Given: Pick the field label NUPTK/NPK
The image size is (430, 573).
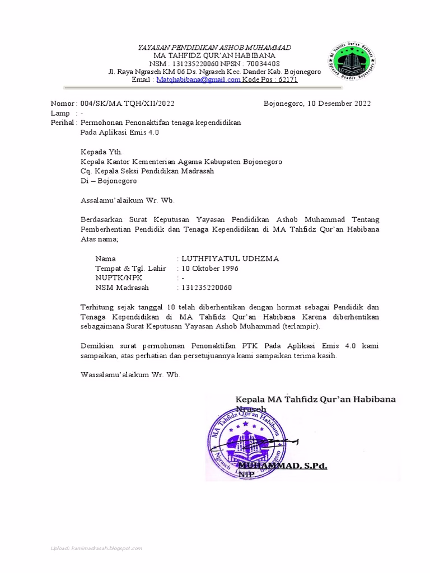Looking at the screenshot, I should tap(119, 278).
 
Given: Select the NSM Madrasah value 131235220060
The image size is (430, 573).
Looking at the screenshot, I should tap(206, 288).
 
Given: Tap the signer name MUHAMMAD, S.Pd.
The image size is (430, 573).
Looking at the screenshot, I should tap(283, 466).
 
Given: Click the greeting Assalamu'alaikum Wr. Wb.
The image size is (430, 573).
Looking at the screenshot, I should tap(131, 200).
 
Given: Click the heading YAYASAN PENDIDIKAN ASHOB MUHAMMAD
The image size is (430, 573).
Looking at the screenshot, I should tap(214, 48).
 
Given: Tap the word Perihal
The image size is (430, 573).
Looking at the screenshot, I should tap(62, 123).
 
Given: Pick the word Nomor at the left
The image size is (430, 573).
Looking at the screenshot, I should tap(62, 104).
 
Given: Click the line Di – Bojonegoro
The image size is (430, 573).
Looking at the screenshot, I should tap(109, 181).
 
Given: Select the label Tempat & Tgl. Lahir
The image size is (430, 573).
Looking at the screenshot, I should tap(130, 268).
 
